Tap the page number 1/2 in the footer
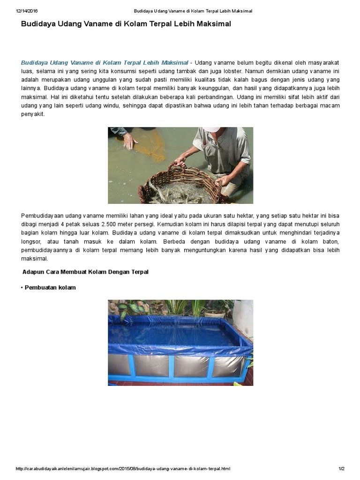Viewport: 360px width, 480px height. click(341, 469)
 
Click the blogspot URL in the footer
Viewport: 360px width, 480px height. click(123, 469)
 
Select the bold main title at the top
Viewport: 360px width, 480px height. click(126, 23)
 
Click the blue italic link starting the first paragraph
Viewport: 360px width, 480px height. click(105, 62)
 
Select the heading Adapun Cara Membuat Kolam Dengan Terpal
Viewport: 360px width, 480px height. click(85, 272)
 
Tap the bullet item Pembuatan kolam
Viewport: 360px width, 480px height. click(50, 287)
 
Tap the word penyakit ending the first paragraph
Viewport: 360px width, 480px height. click(33, 114)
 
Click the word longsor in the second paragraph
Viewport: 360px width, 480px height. click(31, 241)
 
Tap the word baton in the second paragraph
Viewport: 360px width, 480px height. click(330, 241)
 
